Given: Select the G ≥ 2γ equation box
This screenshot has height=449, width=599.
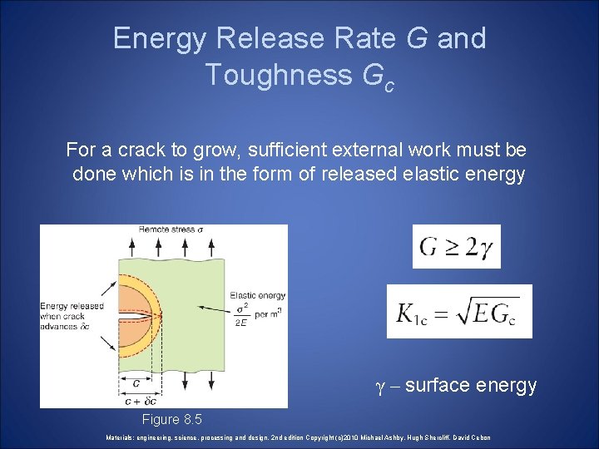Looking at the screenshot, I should pos(456,247).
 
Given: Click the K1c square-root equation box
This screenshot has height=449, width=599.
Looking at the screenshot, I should pos(459,312).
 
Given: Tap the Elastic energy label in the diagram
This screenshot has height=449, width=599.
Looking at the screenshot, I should pos(257,295).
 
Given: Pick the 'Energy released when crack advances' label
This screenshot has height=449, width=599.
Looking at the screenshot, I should pos(72,315).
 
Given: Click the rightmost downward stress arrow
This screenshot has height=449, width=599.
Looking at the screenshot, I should pos(215,378).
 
